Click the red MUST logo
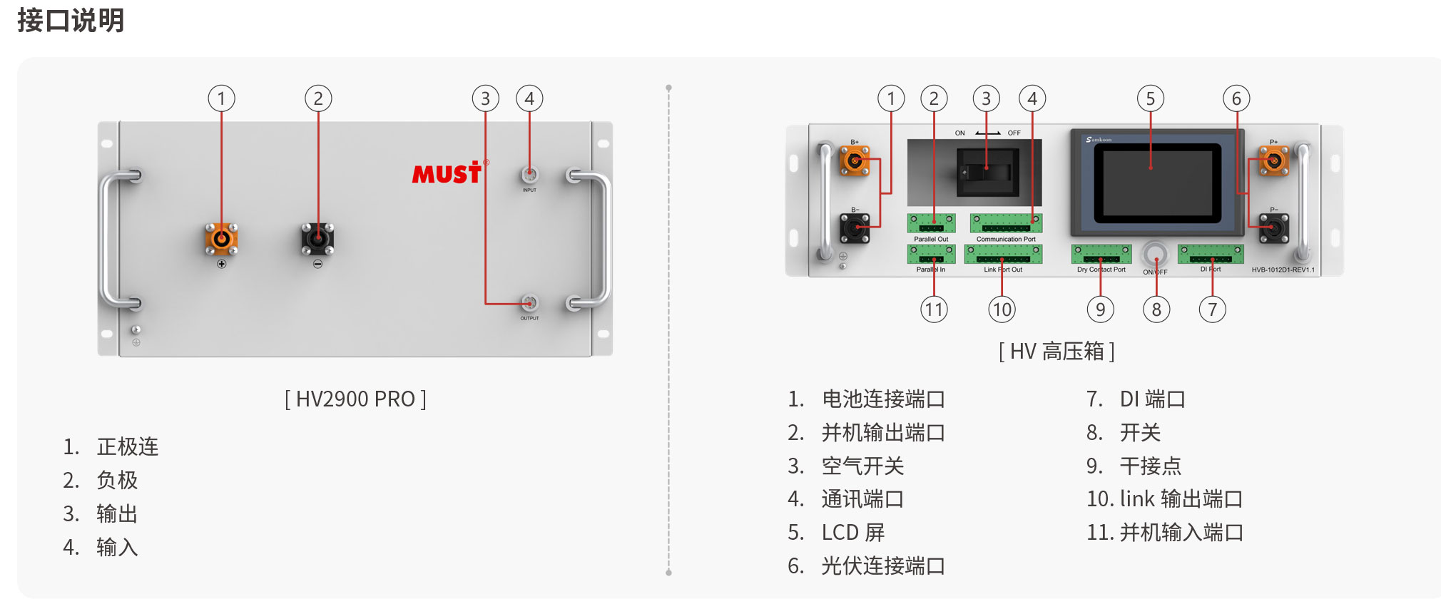click(447, 173)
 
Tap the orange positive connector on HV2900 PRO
click(221, 238)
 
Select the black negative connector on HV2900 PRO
click(317, 238)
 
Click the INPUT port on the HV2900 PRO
click(529, 175)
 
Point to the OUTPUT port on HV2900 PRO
click(529, 303)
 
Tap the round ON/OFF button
click(1155, 254)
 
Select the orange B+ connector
click(854, 160)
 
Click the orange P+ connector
click(1273, 160)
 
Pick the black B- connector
click(855, 228)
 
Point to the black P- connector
click(1273, 228)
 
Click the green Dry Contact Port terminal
click(1101, 255)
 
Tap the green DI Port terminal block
click(1211, 254)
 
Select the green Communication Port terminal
click(1006, 223)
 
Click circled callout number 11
click(934, 309)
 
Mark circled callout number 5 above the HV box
click(1150, 98)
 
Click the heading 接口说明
click(71, 20)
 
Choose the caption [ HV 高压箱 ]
click(1056, 351)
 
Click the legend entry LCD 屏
click(852, 533)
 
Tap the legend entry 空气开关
click(862, 466)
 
